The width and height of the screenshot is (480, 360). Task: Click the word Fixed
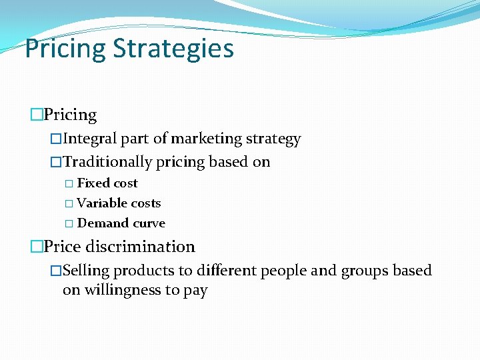(93, 183)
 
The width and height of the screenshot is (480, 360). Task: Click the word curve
(147, 223)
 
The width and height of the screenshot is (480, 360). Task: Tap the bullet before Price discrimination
(36, 247)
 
